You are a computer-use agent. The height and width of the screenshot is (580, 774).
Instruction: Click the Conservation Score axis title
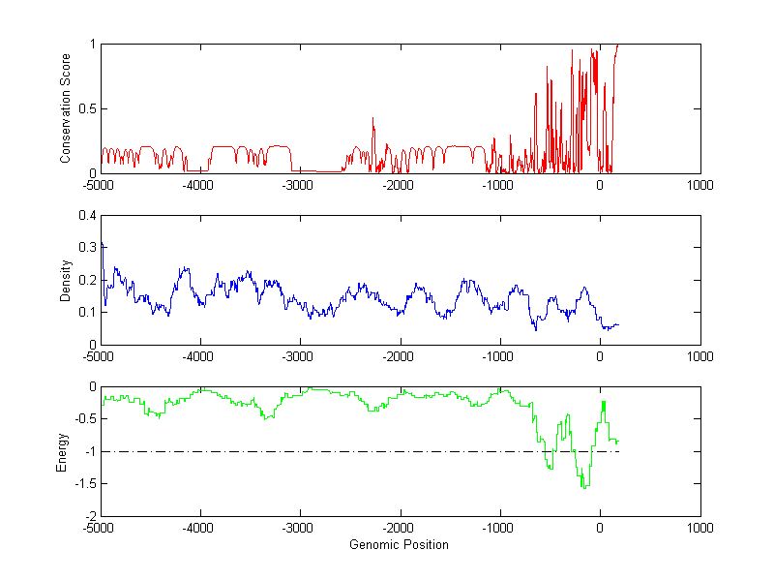[66, 108]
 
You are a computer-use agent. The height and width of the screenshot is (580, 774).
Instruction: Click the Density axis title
[66, 280]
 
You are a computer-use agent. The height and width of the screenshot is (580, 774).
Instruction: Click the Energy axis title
[62, 451]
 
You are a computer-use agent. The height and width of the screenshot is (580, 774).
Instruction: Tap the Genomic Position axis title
[399, 544]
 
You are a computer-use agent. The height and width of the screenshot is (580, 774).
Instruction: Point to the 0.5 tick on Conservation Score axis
[87, 108]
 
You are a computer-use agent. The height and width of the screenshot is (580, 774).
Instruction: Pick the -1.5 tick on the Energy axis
[84, 483]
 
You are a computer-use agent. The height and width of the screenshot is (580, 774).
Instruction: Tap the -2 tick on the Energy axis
[89, 516]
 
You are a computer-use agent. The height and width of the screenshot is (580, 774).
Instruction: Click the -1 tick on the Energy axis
[89, 451]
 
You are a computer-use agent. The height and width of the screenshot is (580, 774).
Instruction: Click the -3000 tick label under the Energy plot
[298, 528]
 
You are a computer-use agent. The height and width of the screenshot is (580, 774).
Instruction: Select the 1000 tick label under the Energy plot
[700, 528]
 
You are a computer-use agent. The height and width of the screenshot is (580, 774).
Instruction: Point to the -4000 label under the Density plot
[198, 356]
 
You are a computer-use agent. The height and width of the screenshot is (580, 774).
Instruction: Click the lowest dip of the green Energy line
[584, 487]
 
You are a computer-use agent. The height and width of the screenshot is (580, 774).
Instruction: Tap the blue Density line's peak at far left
[103, 243]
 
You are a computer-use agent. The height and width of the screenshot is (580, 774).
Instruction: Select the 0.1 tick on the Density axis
[87, 312]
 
